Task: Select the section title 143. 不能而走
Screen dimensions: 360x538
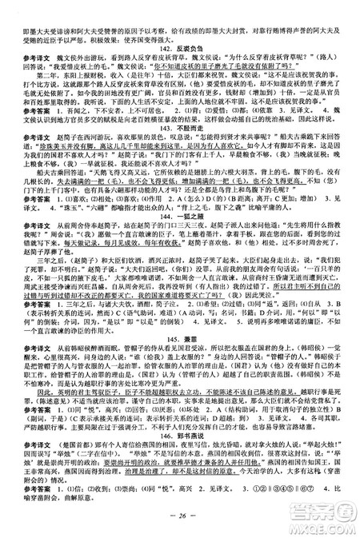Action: pos(179,150)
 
